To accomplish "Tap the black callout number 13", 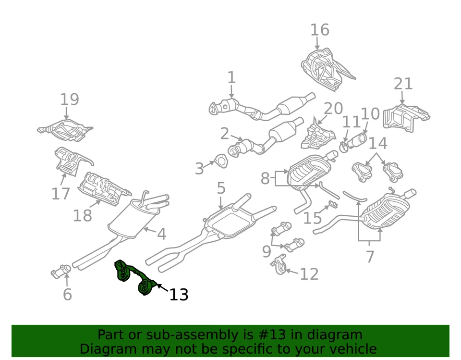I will (x=178, y=294).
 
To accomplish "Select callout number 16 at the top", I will (x=320, y=30).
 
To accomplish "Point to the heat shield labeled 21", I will (x=405, y=117).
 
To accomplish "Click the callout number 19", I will (x=69, y=99).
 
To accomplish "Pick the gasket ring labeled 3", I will (x=220, y=161).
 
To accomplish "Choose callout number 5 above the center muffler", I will (x=220, y=188).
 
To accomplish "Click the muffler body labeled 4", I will (x=127, y=219).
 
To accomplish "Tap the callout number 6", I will (x=67, y=294).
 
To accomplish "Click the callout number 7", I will (x=369, y=256).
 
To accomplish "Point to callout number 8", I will (x=265, y=178).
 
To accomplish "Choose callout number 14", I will (x=377, y=143).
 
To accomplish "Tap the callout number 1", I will (x=231, y=77).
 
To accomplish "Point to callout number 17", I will (x=61, y=194).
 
